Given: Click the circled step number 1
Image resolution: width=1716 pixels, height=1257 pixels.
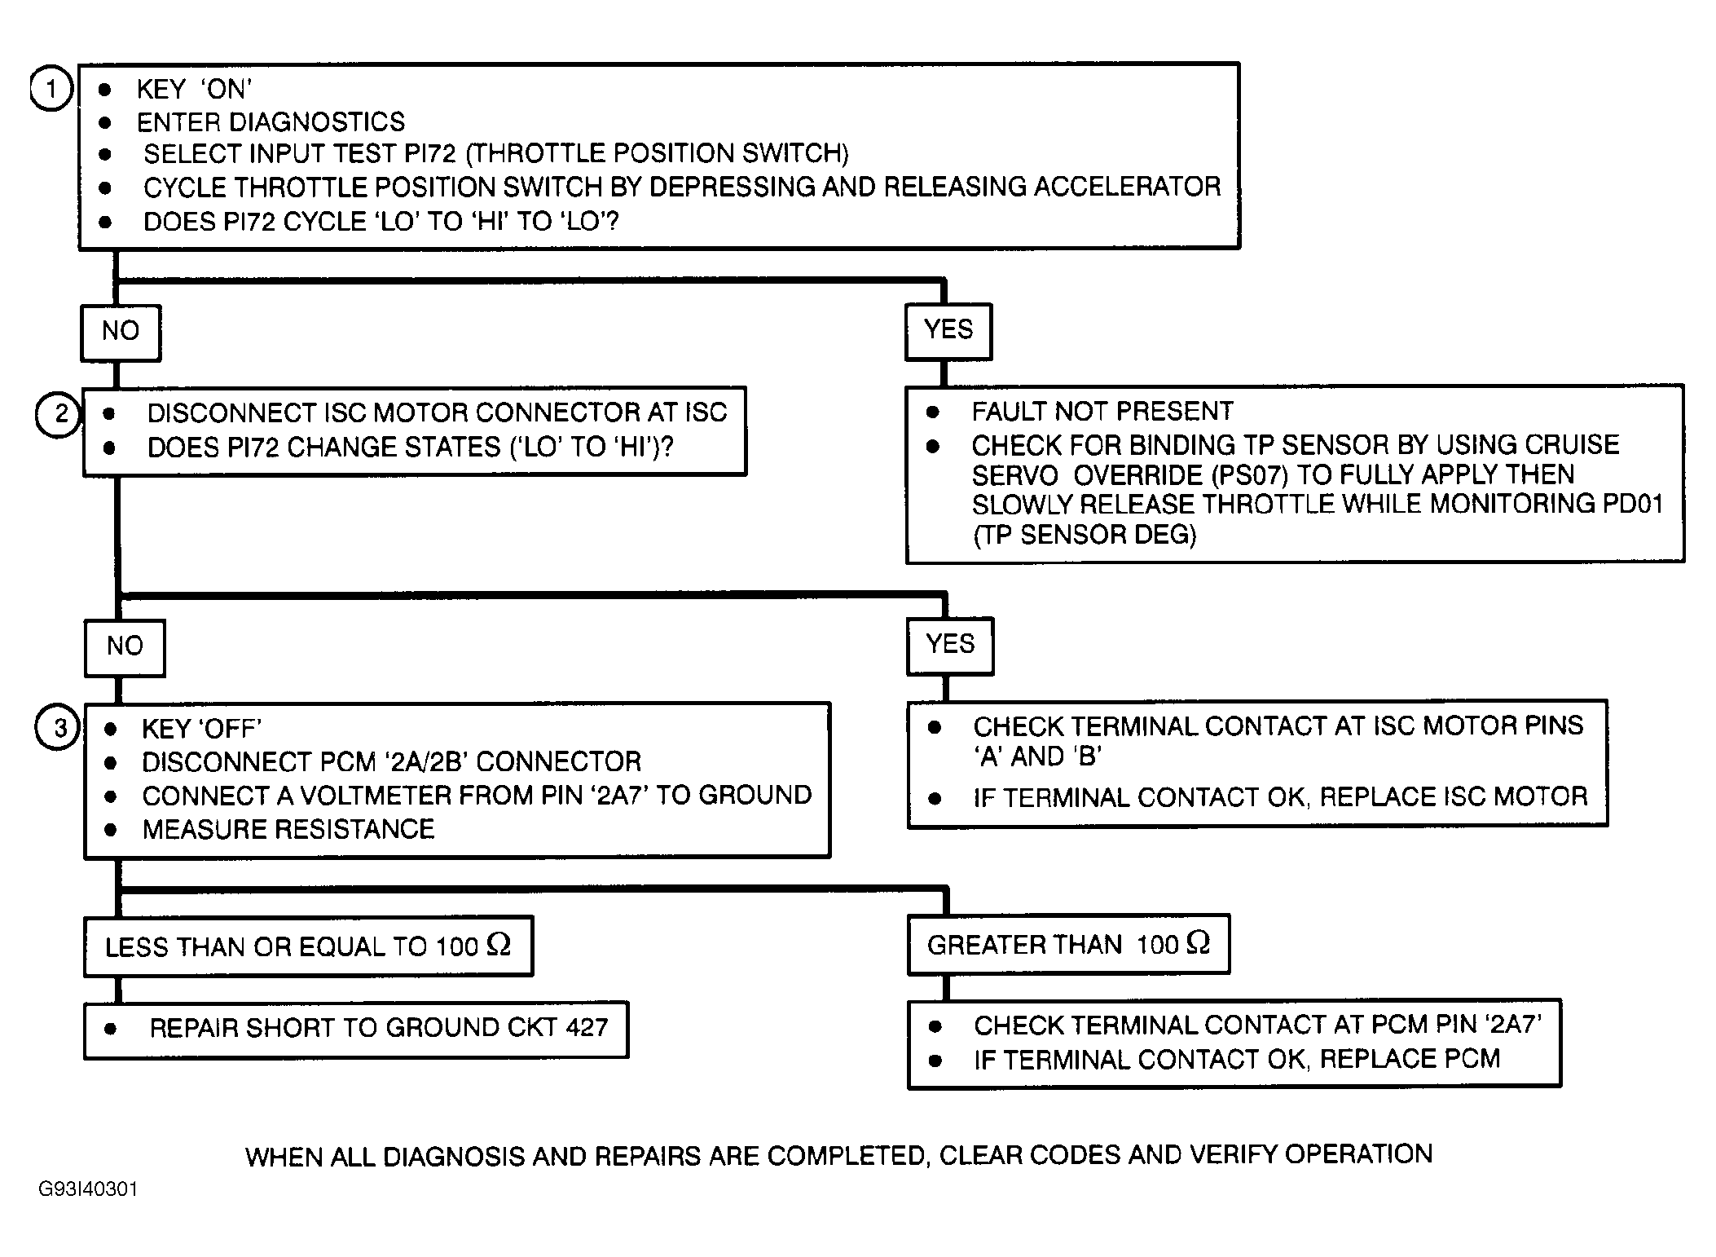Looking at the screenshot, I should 51,89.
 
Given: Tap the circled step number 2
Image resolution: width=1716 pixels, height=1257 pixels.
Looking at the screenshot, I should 58,414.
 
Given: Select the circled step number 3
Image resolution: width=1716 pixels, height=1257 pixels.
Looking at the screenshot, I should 58,727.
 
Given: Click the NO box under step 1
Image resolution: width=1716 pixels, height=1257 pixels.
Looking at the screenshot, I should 121,332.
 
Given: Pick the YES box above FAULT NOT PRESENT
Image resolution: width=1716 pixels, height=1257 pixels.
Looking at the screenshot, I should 948,330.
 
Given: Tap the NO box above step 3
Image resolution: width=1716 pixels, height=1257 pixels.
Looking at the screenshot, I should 125,647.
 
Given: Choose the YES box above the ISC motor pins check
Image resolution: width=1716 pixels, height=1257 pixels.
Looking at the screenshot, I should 950,645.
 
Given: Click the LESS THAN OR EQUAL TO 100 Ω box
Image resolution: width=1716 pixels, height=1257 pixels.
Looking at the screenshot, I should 308,946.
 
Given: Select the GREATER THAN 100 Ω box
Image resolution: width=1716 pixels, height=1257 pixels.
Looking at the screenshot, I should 1068,944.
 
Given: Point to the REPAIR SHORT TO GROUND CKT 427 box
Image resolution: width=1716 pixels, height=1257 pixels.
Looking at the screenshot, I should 356,1029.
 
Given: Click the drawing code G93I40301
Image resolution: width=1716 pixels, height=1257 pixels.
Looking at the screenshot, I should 88,1189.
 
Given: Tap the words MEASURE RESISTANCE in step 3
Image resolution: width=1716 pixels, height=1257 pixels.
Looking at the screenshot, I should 288,830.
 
